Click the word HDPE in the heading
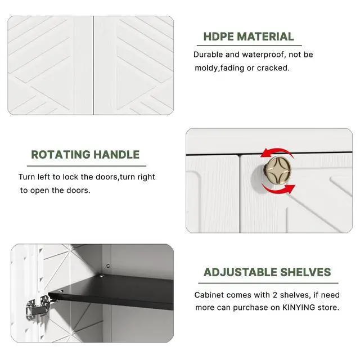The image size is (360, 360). [218, 37]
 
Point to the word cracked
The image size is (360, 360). [273, 68]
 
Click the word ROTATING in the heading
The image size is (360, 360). [61, 155]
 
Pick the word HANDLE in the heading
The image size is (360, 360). [116, 155]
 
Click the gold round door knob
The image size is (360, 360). [277, 170]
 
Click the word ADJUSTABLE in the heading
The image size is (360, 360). [240, 272]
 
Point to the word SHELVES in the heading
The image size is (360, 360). [305, 272]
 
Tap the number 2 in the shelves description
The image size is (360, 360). [275, 295]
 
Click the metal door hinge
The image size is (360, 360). [38, 308]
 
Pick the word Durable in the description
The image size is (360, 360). [208, 55]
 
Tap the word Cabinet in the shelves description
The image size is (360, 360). [208, 295]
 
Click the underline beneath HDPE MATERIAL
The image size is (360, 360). [249, 46]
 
